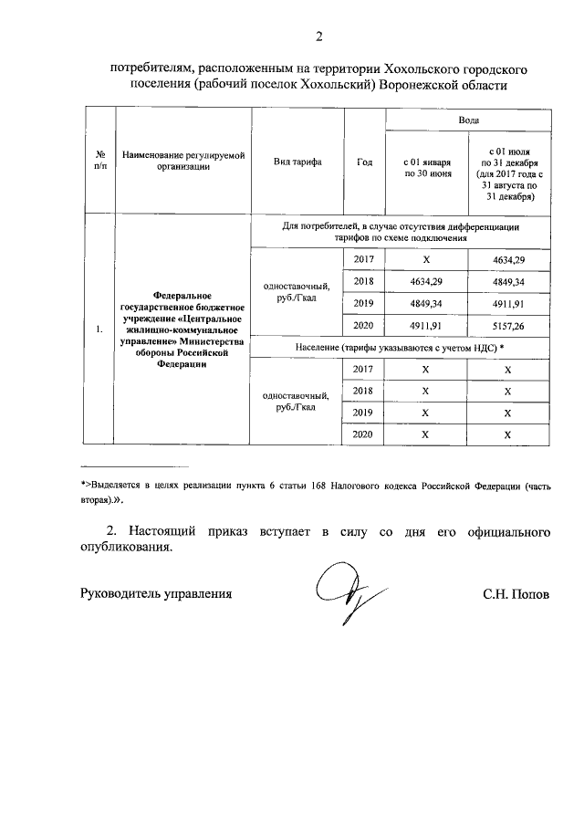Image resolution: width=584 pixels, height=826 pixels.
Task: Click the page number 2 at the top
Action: coord(318,37)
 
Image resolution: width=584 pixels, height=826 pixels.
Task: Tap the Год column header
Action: coord(364,162)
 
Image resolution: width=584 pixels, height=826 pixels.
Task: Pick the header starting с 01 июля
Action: coord(508,173)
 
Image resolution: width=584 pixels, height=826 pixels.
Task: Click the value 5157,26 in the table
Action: coord(508,326)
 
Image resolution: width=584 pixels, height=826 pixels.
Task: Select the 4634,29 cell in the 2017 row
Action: coord(508,260)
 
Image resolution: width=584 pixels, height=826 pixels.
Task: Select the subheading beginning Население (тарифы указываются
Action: coord(401,348)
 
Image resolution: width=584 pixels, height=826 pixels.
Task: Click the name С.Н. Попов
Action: coord(516,594)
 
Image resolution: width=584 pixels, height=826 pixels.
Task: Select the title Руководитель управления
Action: coord(155,594)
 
